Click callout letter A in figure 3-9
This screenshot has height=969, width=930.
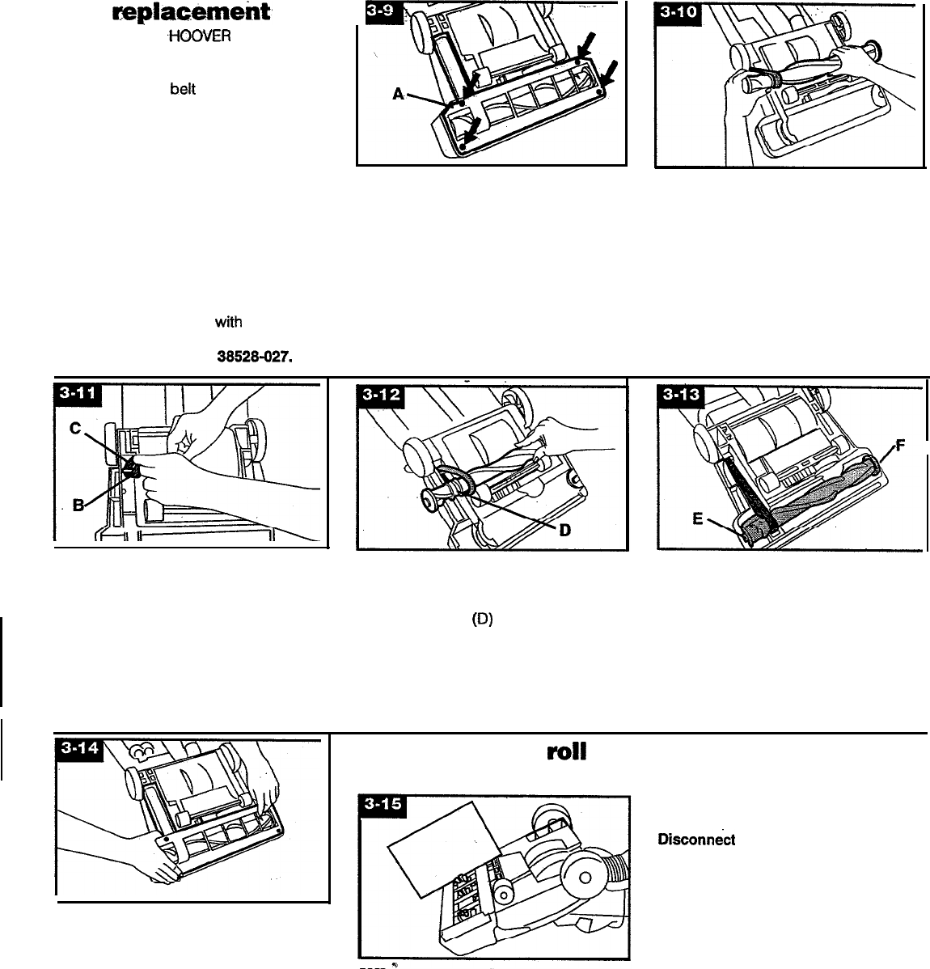(x=398, y=95)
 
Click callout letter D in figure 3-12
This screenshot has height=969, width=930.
(x=566, y=531)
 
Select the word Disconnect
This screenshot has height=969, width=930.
(x=697, y=840)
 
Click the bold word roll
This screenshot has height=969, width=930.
(x=566, y=751)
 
